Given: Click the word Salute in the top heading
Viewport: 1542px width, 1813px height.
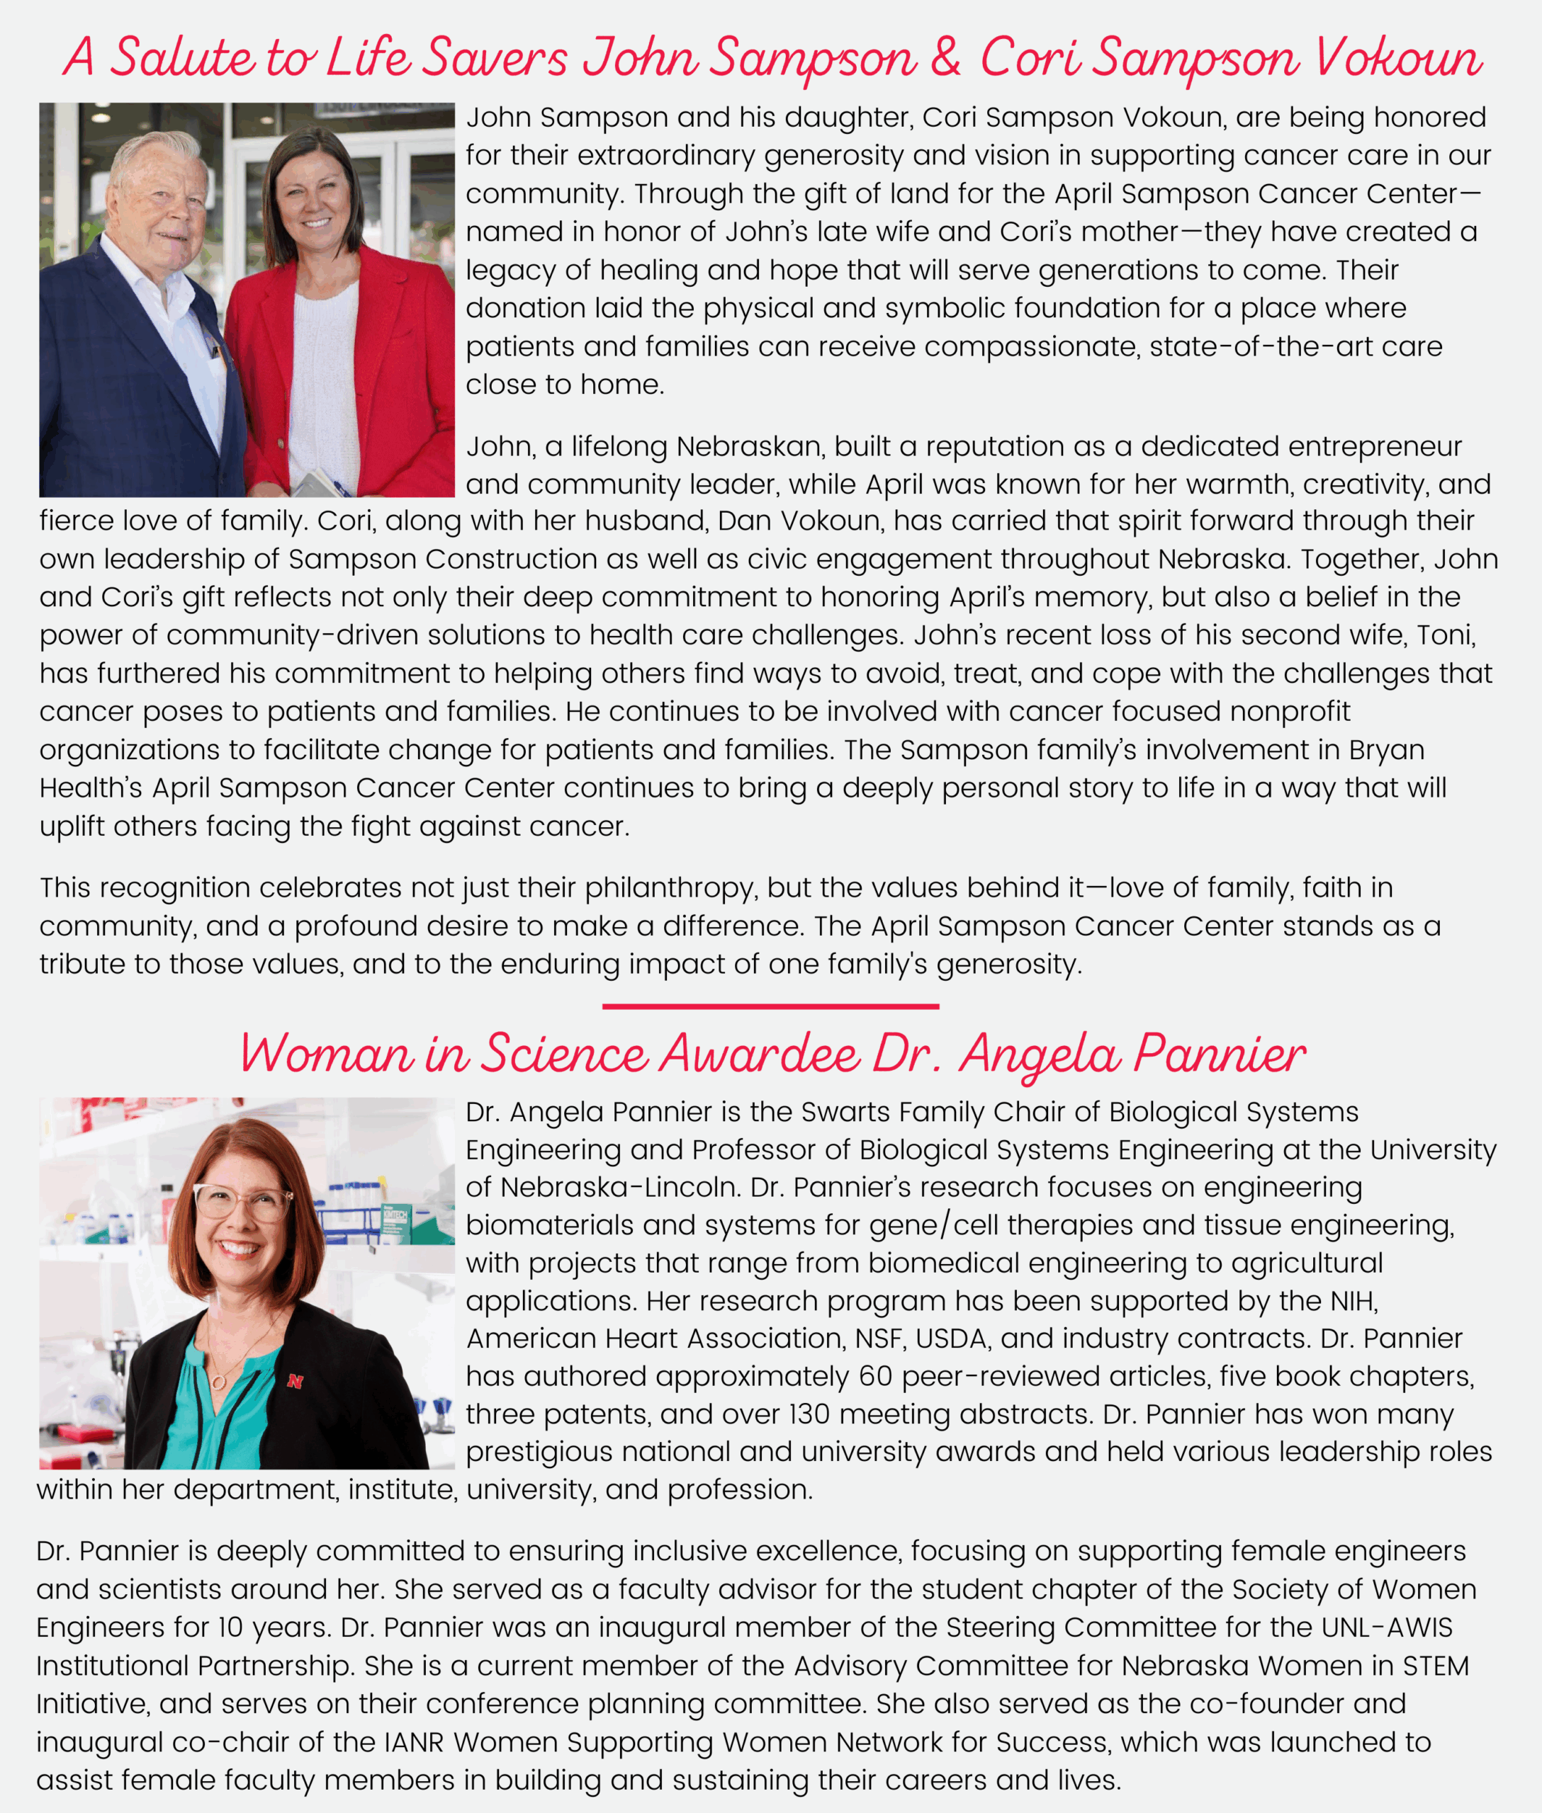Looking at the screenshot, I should pos(183,59).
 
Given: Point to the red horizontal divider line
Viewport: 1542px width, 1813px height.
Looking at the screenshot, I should pos(770,1006).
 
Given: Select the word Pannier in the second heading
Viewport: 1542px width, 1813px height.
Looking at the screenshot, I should pos(1220,1054).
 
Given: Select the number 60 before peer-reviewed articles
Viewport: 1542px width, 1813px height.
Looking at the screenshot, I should pos(875,1376).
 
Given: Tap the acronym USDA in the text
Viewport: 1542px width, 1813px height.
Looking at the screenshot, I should pos(954,1339).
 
